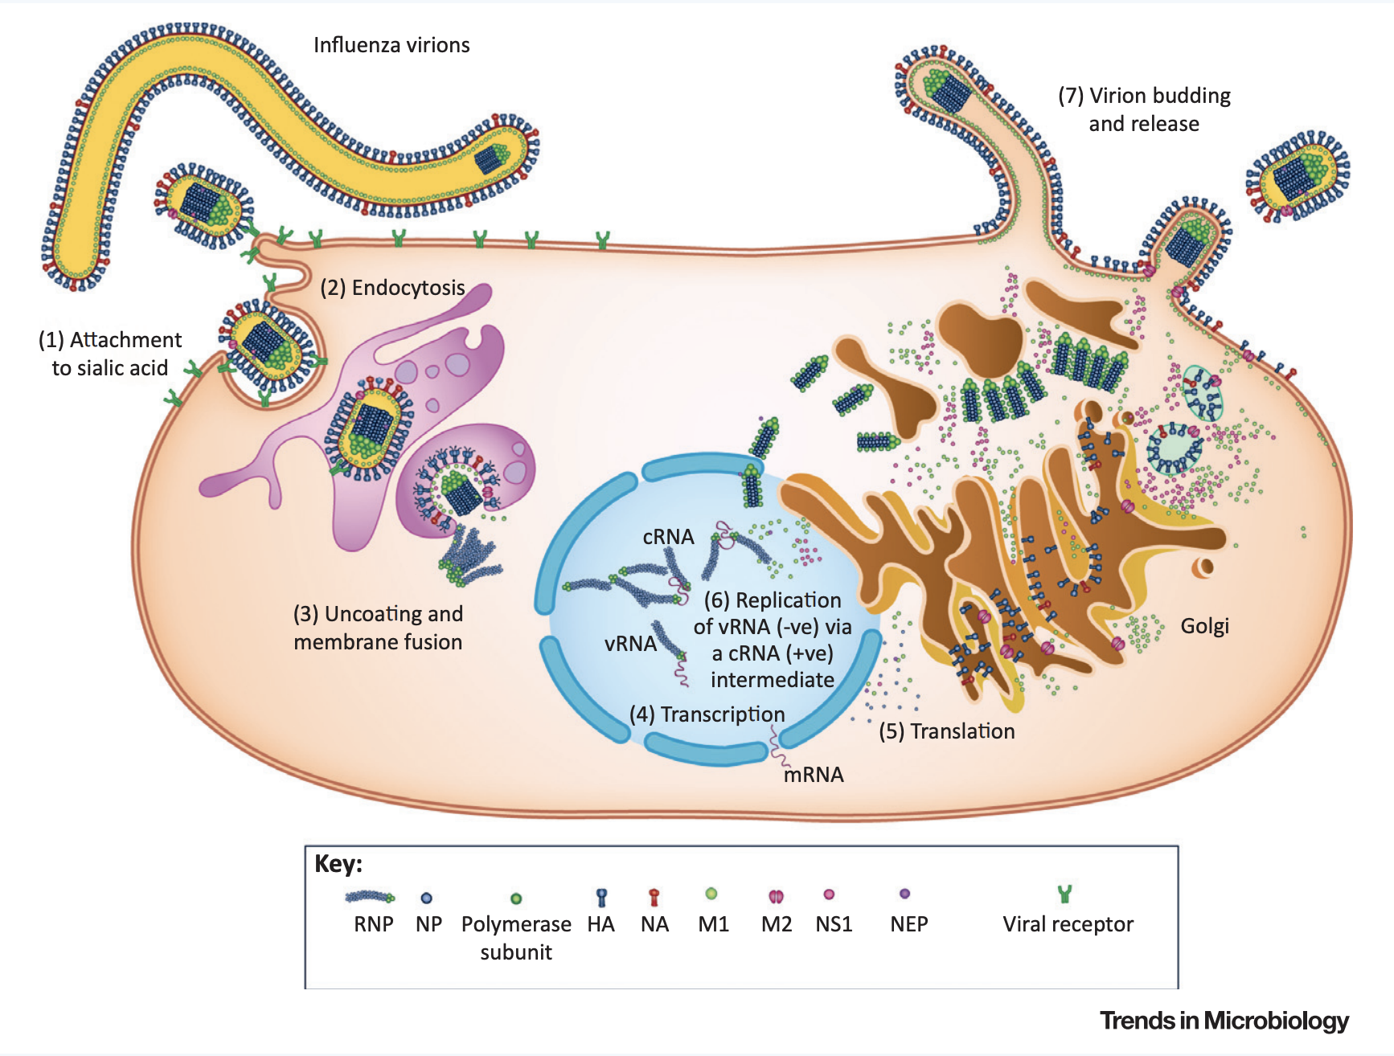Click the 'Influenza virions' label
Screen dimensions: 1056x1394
tap(392, 45)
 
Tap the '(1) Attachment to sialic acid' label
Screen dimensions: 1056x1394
tap(110, 354)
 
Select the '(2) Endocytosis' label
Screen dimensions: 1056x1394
tap(392, 288)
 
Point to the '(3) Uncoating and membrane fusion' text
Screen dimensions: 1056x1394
tap(378, 628)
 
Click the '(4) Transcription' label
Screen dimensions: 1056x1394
tap(707, 714)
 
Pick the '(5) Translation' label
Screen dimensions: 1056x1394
tap(946, 731)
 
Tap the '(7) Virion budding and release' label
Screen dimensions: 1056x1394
tap(1144, 109)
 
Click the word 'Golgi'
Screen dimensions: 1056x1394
tap(1204, 626)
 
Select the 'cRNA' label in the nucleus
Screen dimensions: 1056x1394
tap(668, 537)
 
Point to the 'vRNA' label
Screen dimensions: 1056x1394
tap(630, 644)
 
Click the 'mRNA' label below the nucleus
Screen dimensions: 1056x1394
tap(814, 775)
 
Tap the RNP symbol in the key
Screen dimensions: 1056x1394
tap(370, 897)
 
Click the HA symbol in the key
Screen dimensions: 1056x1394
tap(601, 897)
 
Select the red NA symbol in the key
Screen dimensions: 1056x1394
tap(654, 897)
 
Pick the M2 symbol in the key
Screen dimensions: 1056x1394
tap(776, 896)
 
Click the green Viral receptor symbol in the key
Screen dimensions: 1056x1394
tap(1065, 894)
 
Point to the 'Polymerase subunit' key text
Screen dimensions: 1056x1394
tap(516, 938)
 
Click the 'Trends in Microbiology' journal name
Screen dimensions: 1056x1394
tap(1224, 1021)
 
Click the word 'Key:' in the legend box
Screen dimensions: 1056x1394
tap(338, 864)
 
